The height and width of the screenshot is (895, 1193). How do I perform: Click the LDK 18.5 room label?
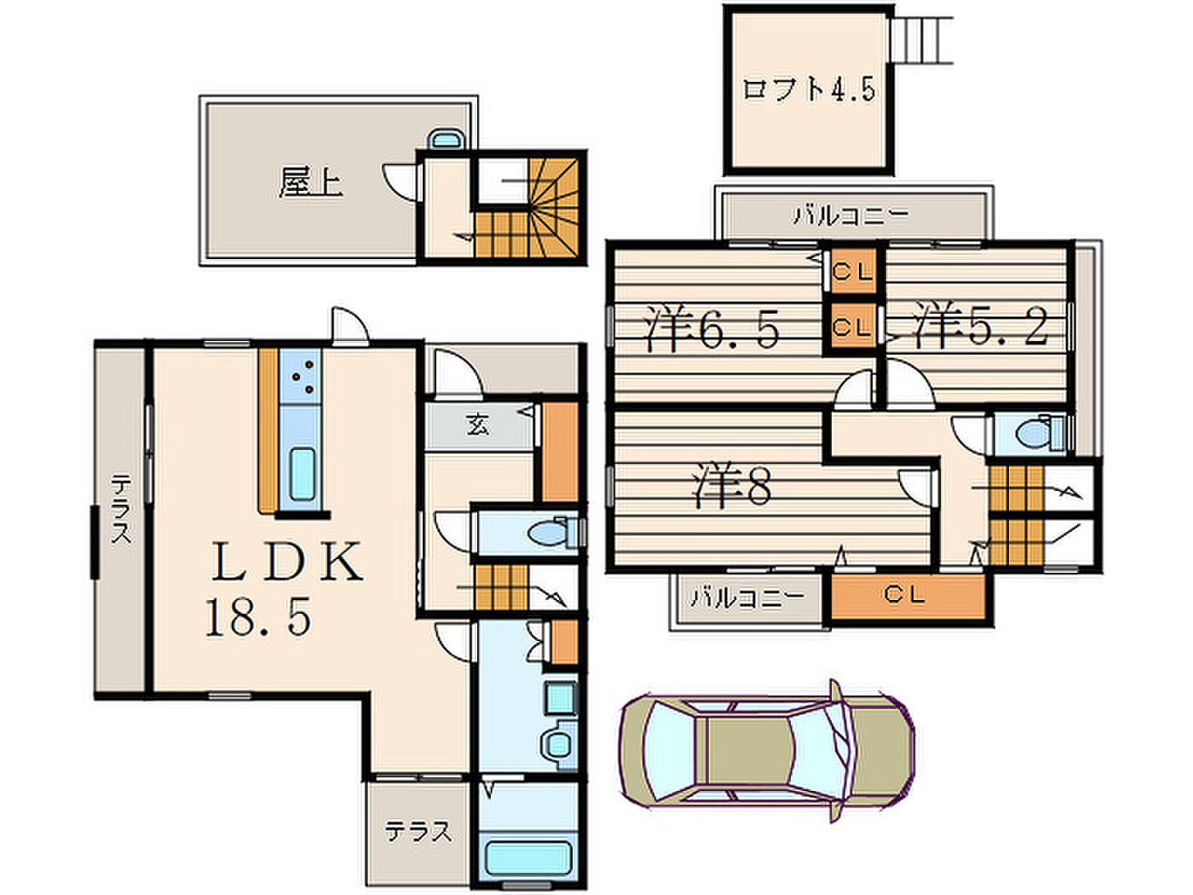(x=284, y=588)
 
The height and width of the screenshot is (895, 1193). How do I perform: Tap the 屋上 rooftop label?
(x=310, y=182)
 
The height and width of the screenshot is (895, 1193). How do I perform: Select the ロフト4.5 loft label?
(x=809, y=89)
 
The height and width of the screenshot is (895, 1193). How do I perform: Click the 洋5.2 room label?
(x=980, y=324)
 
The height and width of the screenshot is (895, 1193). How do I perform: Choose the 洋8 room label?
(x=732, y=485)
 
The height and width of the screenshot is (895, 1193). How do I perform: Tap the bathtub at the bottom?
(x=527, y=858)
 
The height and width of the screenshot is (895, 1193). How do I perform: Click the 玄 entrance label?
(x=478, y=425)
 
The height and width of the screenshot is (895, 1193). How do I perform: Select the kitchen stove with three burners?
(x=301, y=376)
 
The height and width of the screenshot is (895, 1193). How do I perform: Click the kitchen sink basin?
(x=302, y=474)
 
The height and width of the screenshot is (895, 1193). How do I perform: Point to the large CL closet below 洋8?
(x=908, y=595)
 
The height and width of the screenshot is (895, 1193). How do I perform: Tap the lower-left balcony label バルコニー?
(x=746, y=598)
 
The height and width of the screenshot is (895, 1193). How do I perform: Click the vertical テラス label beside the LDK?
(x=121, y=509)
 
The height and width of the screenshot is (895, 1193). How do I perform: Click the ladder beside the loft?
(x=920, y=40)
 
